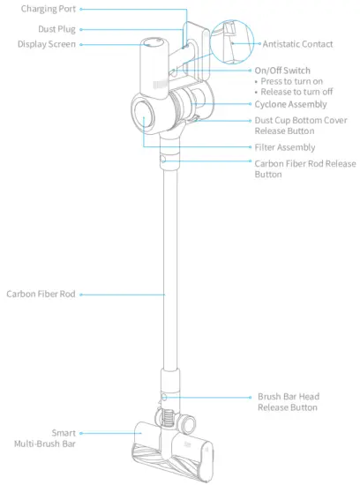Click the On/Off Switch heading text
tap(281, 70)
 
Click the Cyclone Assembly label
tap(289, 104)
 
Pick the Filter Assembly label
tap(284, 147)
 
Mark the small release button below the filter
tap(165, 162)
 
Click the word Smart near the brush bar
tap(63, 433)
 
